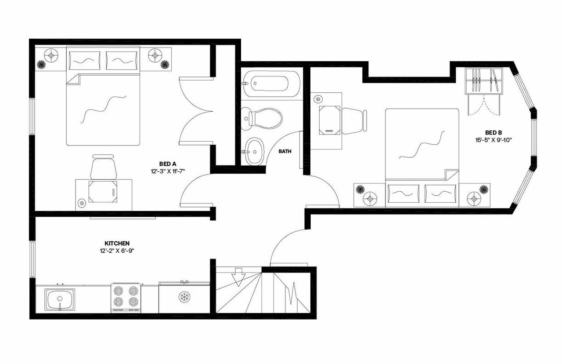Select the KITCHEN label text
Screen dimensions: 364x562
pos(117,243)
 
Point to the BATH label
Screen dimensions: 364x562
pos(285,151)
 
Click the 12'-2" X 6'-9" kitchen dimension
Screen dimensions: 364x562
pos(117,251)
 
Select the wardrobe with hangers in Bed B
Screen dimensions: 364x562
pos(483,80)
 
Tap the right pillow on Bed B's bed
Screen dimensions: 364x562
pos(440,193)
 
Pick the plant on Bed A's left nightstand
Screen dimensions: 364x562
pos(41,65)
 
